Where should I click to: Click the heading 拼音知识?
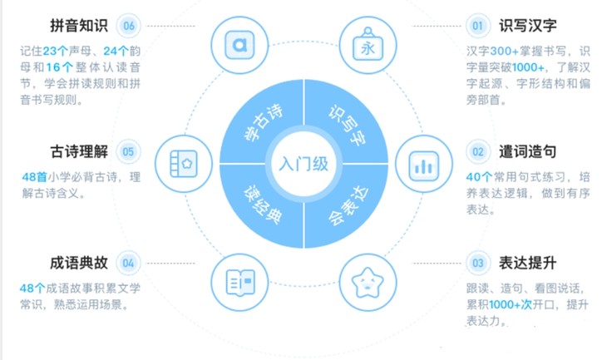78,26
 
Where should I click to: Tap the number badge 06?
129,26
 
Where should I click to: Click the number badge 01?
478,26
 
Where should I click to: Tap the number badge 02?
478,152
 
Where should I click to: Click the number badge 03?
478,264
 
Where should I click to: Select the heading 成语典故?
78,263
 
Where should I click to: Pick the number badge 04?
129,264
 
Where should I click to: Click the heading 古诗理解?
78,151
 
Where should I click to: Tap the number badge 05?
129,152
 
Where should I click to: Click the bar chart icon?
422,163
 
